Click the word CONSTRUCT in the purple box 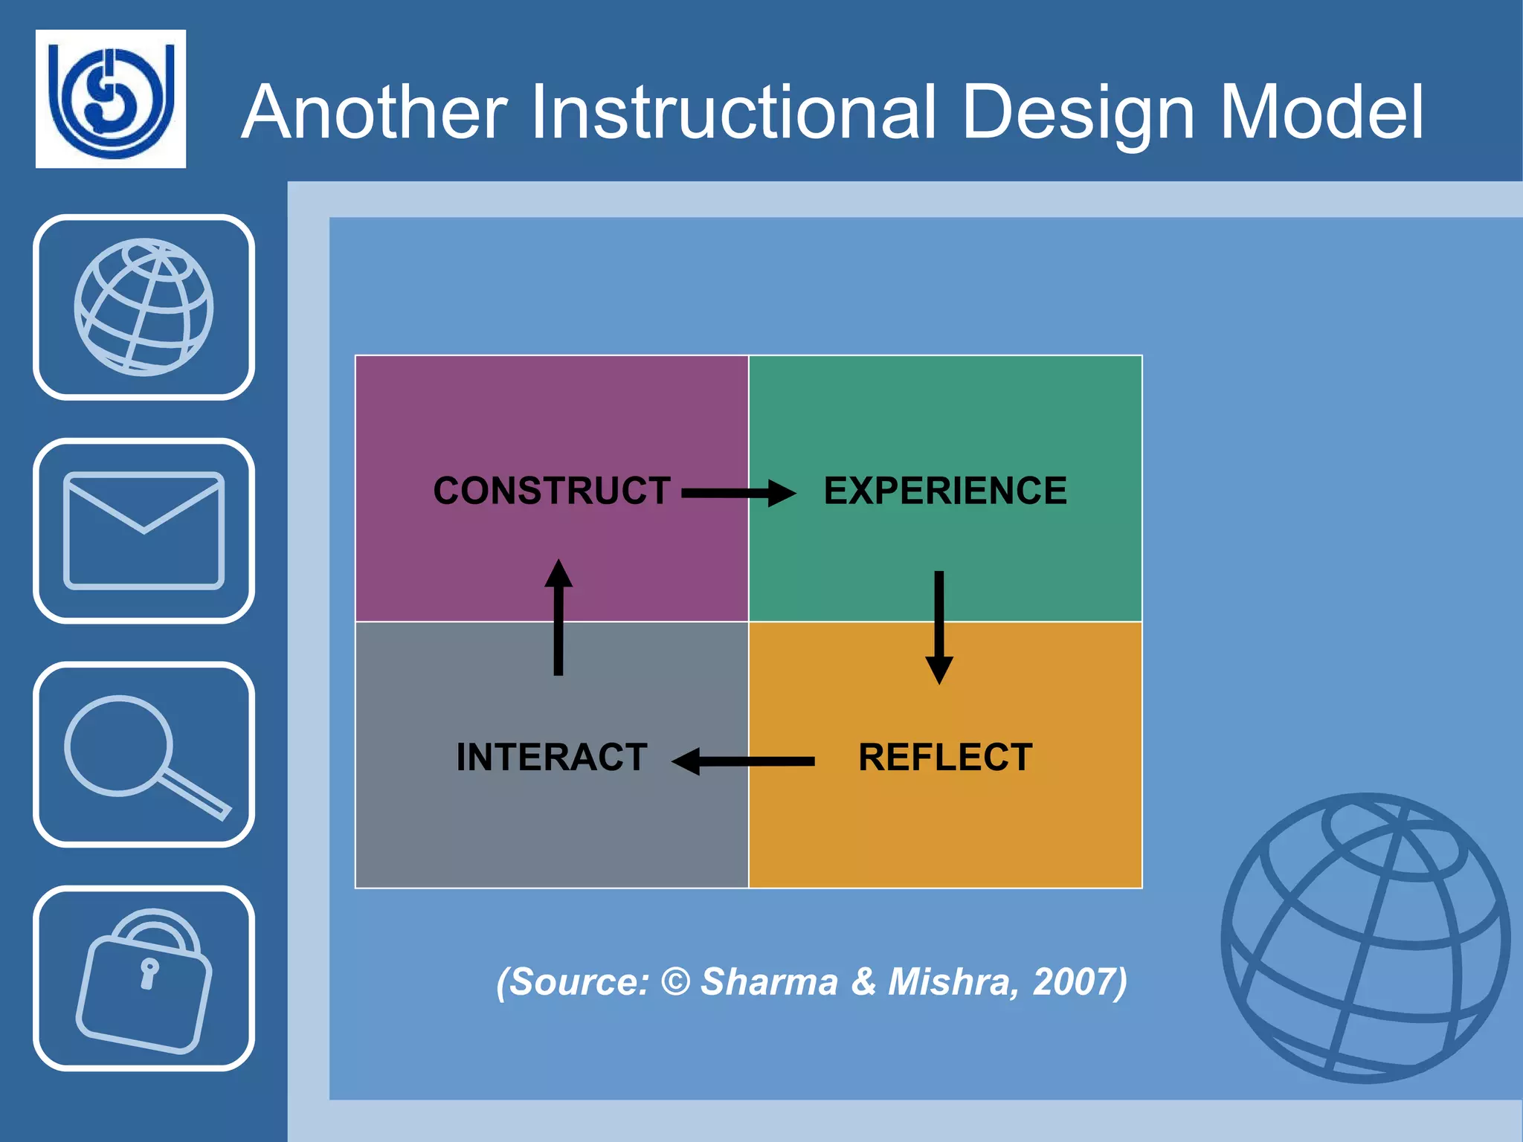tap(552, 491)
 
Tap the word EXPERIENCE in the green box tap(945, 491)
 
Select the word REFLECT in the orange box tap(945, 758)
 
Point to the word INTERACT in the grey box tap(552, 758)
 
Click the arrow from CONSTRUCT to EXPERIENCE tap(738, 493)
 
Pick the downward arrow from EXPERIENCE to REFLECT tap(939, 626)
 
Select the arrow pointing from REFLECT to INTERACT tap(744, 761)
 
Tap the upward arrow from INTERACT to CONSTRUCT tap(558, 617)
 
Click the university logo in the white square tap(111, 99)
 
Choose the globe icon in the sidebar tap(144, 307)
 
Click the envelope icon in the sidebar tap(144, 530)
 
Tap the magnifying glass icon tap(144, 755)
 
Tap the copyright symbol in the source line tap(675, 981)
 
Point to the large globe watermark tap(1365, 938)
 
